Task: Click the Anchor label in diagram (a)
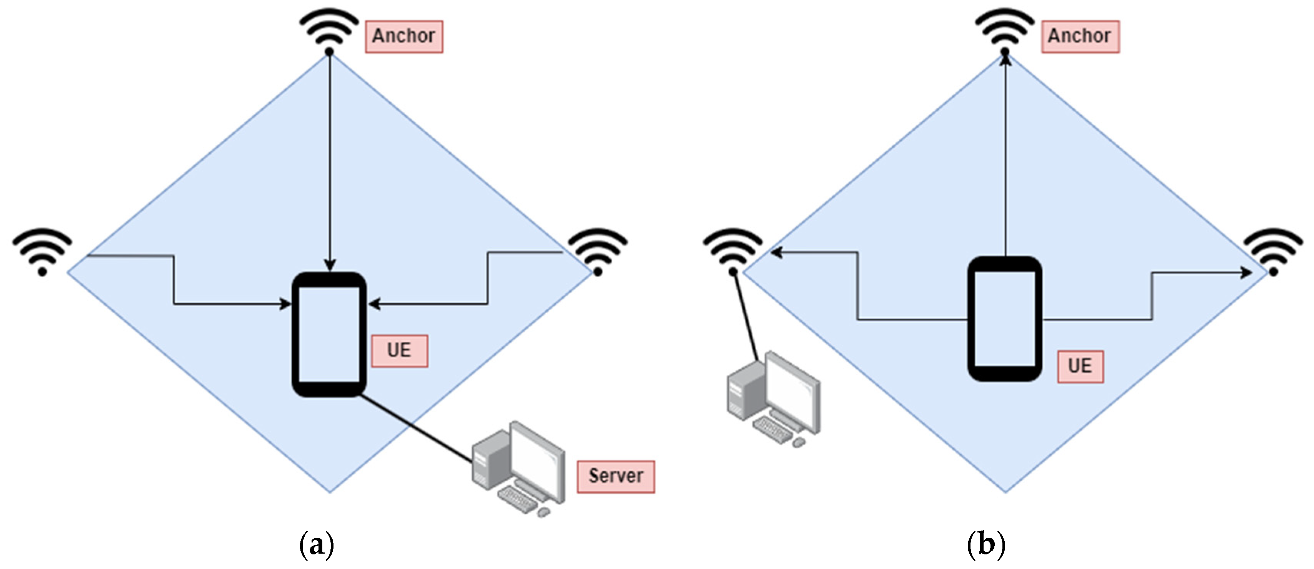[404, 37]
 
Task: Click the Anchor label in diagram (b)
[1080, 37]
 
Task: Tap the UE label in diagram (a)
[399, 351]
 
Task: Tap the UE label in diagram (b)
[1080, 366]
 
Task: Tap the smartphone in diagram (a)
[329, 334]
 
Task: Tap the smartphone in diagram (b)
[1004, 319]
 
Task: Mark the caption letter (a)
[317, 544]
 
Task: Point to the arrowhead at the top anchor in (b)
[1005, 60]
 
